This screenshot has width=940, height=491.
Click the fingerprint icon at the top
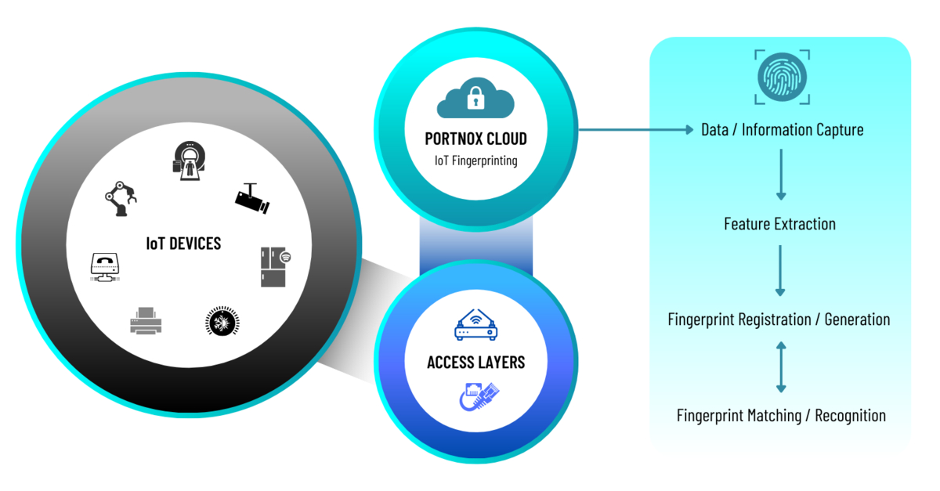tap(782, 77)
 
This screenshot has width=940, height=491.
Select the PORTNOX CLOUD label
tap(475, 139)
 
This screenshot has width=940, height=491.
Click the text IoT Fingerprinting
tap(475, 161)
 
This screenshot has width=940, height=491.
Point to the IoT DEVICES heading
tap(183, 243)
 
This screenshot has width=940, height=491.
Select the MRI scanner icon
tap(187, 161)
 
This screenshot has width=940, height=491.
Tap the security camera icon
tap(252, 199)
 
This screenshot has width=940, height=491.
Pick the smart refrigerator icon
tap(275, 266)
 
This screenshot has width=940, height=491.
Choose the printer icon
tap(146, 322)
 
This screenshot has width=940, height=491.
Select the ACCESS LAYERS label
tap(475, 363)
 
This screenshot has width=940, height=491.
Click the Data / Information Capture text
tap(782, 129)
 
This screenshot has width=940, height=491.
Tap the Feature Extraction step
tap(779, 224)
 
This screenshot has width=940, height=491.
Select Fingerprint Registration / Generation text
tap(779, 320)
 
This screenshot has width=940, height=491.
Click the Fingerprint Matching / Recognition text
tap(781, 415)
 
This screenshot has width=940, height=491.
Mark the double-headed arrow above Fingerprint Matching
tap(780, 366)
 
